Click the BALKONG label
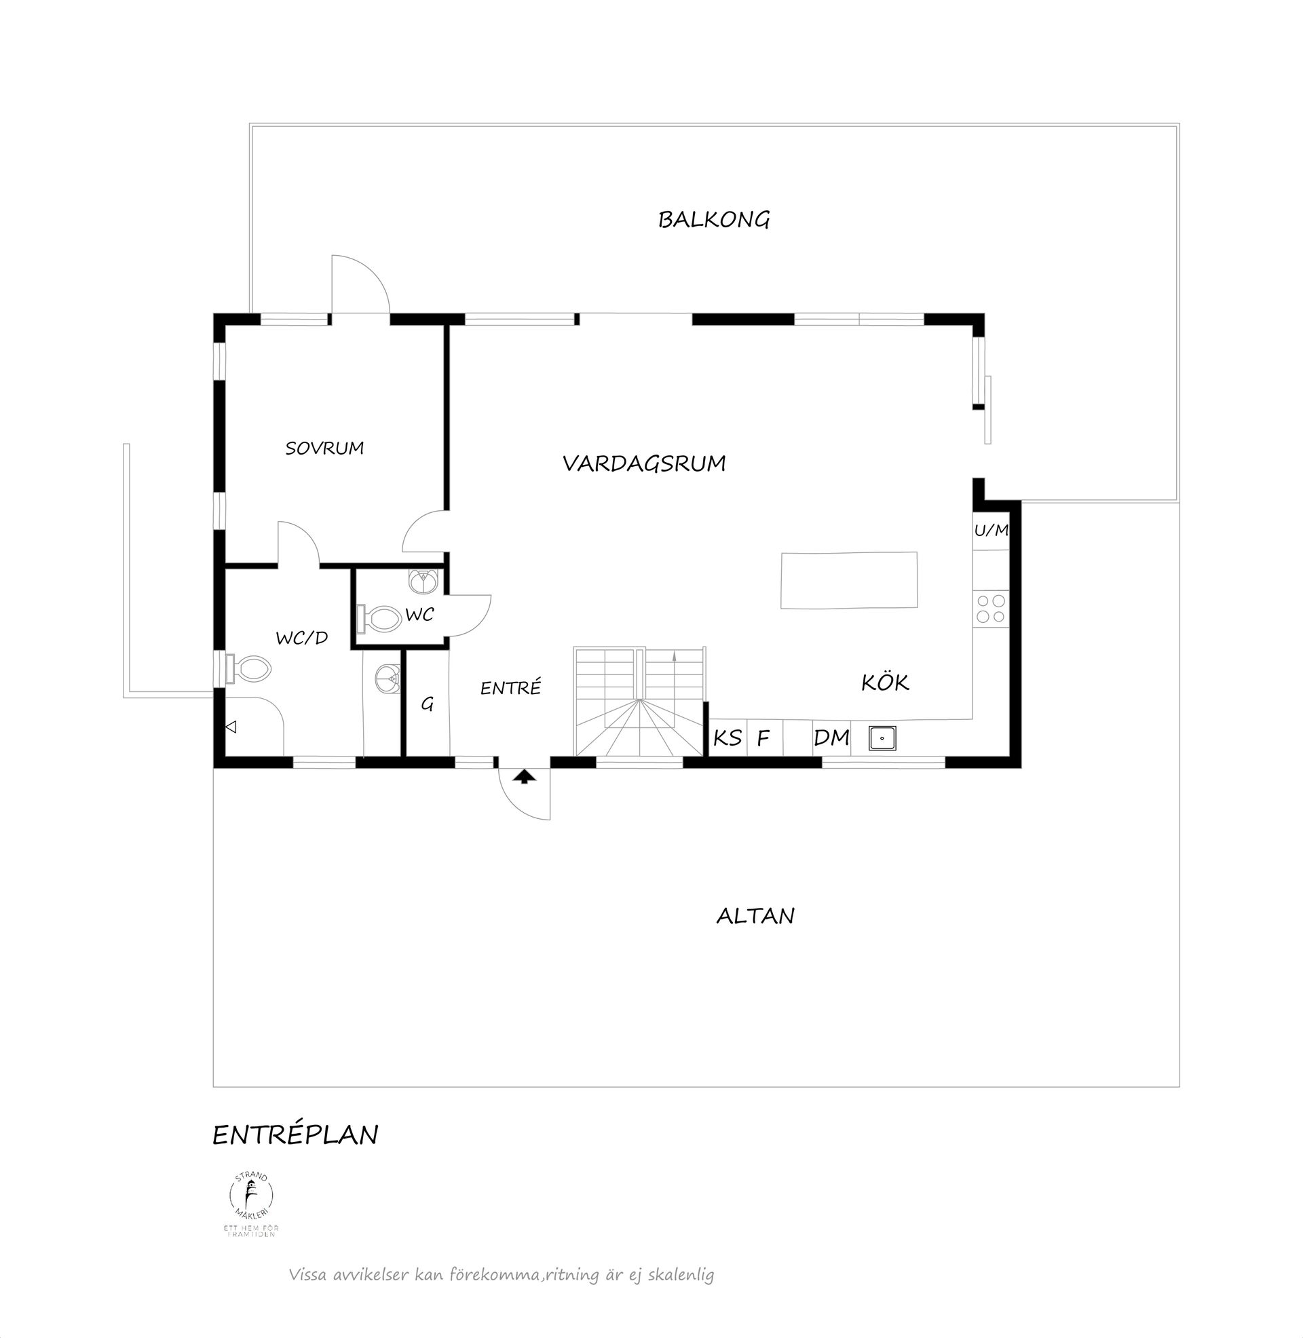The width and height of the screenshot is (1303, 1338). click(714, 220)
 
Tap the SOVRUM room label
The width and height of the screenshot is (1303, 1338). click(324, 448)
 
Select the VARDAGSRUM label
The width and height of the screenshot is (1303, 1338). click(644, 464)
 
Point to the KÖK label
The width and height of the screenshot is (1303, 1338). click(885, 682)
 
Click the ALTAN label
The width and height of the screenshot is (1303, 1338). click(755, 916)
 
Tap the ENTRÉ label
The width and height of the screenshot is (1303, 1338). click(510, 687)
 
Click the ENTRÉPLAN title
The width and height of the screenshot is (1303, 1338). click(295, 1135)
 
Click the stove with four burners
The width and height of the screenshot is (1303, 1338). click(990, 608)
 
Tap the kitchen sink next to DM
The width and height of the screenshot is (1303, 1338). click(882, 738)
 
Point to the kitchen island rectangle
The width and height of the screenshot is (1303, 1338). click(848, 579)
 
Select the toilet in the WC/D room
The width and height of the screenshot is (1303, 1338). click(249, 668)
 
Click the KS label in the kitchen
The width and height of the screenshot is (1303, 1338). click(728, 738)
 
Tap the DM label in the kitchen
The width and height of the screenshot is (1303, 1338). click(831, 738)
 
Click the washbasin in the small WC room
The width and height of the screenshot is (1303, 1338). click(422, 581)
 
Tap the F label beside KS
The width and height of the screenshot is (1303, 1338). click(763, 738)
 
